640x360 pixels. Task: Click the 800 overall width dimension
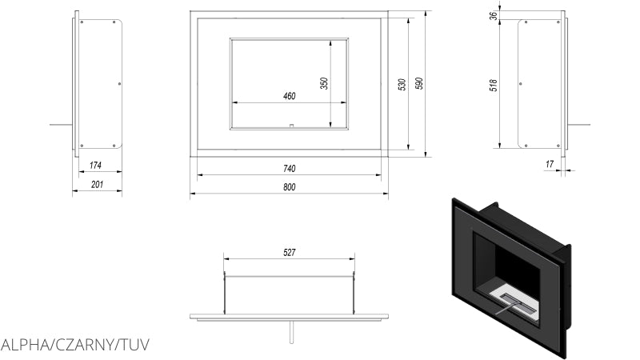pos(289,187)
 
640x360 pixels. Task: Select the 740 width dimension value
pos(289,169)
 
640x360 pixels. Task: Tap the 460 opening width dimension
pos(289,96)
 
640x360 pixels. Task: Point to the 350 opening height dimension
pos(324,82)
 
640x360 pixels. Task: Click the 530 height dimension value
pos(402,84)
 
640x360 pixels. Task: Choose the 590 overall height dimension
pos(418,84)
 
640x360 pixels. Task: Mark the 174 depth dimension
pos(95,166)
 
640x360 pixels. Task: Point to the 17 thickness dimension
pos(549,164)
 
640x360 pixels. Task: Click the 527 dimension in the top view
pos(290,253)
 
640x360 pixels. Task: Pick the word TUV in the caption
pos(134,345)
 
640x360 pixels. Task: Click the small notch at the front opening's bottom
pos(290,126)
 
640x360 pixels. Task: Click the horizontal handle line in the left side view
pos(61,125)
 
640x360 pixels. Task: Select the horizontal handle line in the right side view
pos(579,125)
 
